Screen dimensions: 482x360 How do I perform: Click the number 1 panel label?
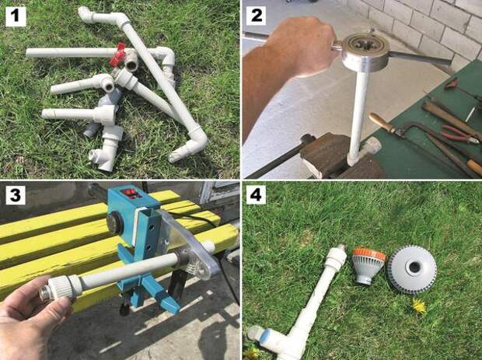pyautogui.click(x=16, y=16)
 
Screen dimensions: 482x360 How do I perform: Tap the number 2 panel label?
pyautogui.click(x=256, y=15)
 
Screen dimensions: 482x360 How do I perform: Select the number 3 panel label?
pyautogui.click(x=16, y=195)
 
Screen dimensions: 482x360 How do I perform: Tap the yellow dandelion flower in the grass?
pyautogui.click(x=419, y=306)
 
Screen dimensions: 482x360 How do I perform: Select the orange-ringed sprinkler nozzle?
pyautogui.click(x=368, y=266)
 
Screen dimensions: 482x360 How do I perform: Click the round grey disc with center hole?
pyautogui.click(x=412, y=269)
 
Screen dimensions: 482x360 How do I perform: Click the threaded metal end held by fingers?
pyautogui.click(x=45, y=292)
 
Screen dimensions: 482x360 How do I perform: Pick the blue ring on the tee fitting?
pyautogui.click(x=267, y=337)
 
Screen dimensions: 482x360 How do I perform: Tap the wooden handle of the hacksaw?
pyautogui.click(x=382, y=122)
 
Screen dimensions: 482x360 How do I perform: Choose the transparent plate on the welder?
pyautogui.click(x=189, y=243)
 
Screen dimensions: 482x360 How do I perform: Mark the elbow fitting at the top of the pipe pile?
pyautogui.click(x=89, y=15)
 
